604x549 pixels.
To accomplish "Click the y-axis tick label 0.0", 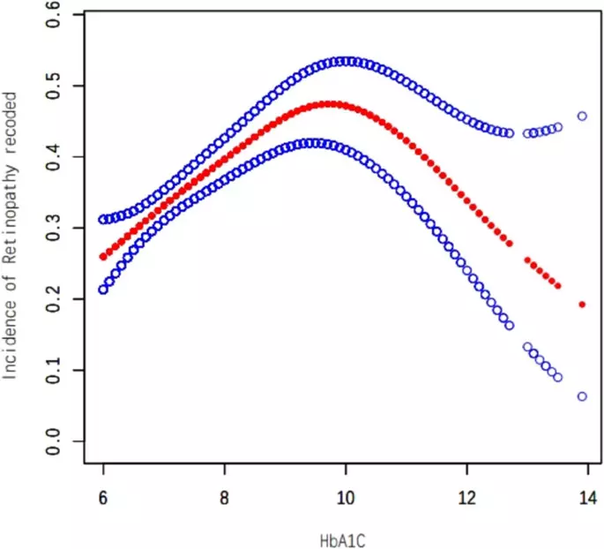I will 53,441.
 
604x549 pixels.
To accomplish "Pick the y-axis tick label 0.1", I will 53,370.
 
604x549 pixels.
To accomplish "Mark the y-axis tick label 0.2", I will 53,299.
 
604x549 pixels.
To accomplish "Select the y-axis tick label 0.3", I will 53,228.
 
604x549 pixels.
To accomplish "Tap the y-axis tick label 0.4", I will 53,157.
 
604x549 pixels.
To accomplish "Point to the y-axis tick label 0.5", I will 53,86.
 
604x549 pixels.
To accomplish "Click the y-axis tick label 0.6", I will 53,15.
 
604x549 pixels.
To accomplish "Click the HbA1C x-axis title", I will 346,538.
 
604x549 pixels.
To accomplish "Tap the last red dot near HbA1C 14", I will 582,305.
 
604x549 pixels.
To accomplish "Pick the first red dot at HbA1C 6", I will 103,257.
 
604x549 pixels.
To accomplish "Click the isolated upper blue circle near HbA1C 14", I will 582,116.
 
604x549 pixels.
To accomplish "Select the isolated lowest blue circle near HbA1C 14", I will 582,396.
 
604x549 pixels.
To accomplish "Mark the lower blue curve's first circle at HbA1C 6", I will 103,290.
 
